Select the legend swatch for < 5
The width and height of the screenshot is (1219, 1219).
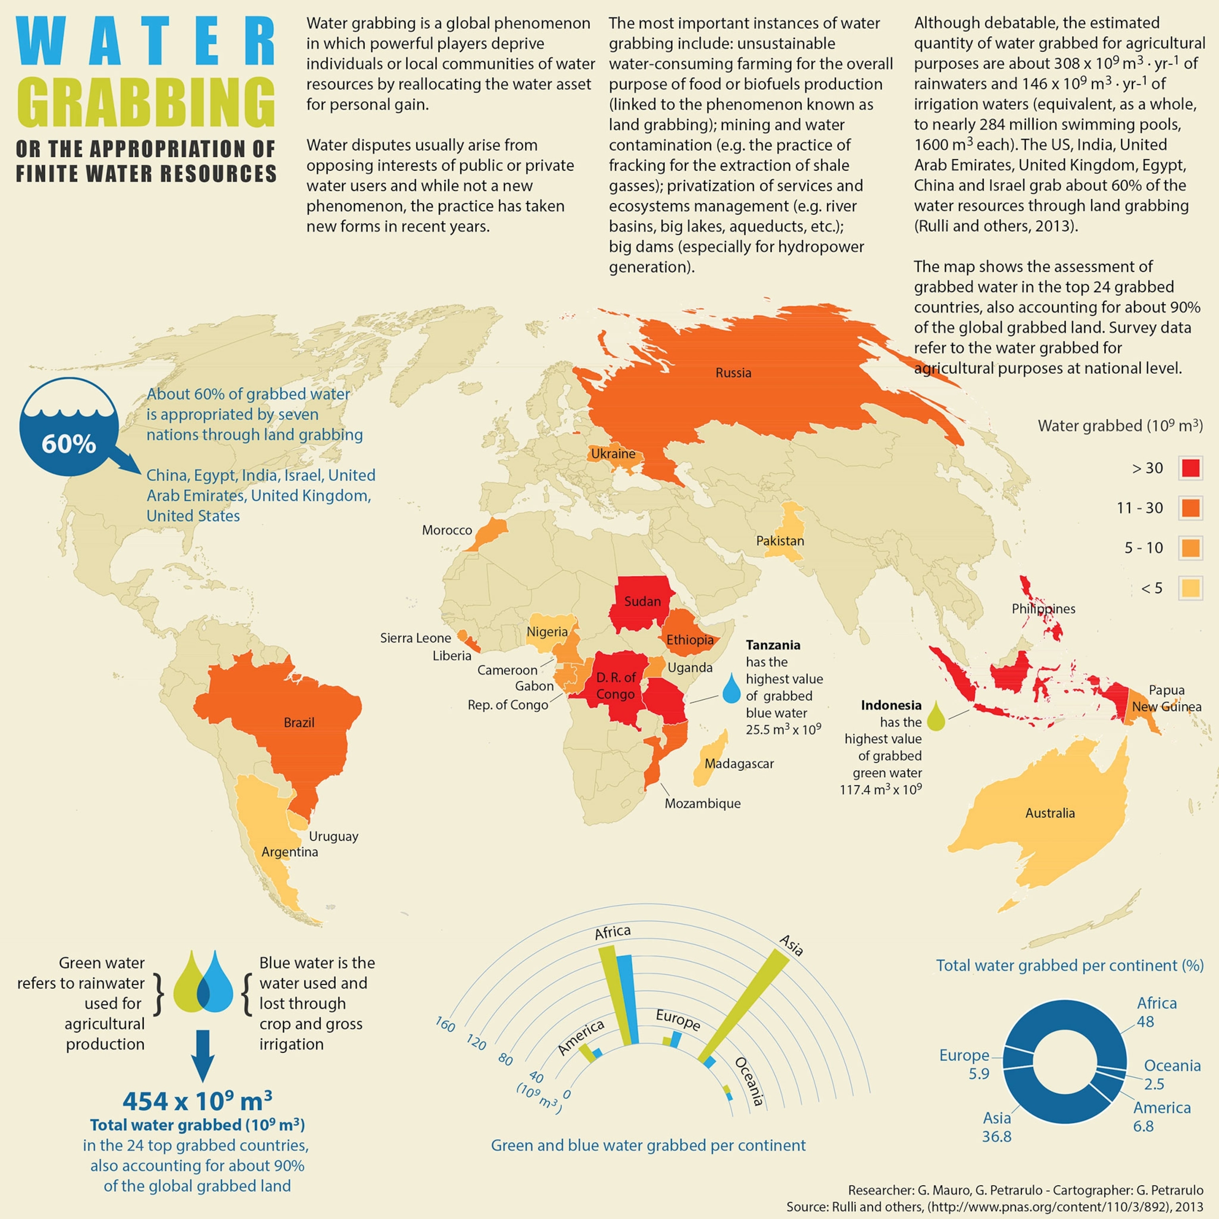(1190, 588)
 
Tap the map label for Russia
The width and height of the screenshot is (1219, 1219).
(733, 373)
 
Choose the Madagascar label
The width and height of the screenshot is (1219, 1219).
(739, 763)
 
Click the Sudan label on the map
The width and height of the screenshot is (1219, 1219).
(642, 601)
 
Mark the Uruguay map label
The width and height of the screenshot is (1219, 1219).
(333, 836)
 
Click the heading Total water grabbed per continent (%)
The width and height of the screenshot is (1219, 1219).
(1069, 965)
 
